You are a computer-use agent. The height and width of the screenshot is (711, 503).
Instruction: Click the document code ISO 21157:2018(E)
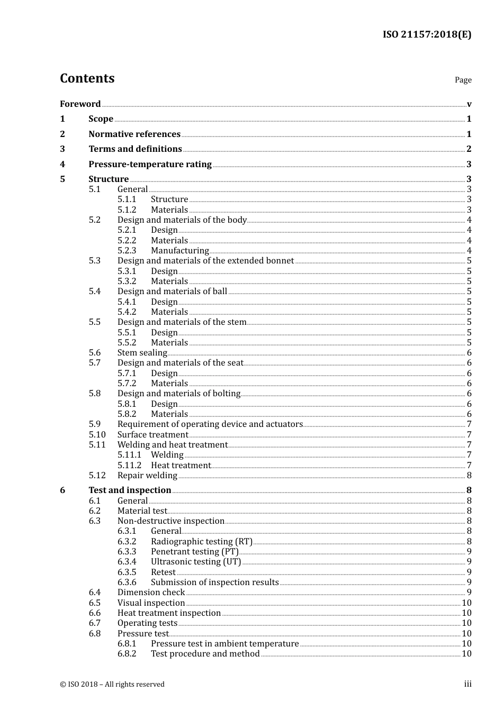click(x=427, y=34)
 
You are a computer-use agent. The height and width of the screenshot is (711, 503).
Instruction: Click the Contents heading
click(x=87, y=78)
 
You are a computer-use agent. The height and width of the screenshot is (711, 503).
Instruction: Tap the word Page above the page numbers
click(x=463, y=80)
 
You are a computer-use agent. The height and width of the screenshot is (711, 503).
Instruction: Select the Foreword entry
click(x=80, y=104)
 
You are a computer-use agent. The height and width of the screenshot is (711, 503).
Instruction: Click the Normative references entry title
click(x=134, y=134)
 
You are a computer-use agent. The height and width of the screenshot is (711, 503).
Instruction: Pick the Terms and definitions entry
click(x=135, y=149)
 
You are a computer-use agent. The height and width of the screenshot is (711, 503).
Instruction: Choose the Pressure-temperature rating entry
click(x=150, y=164)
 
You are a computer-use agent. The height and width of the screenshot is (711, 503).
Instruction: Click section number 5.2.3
click(x=127, y=250)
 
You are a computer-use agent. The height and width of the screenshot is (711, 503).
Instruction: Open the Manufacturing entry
click(x=179, y=250)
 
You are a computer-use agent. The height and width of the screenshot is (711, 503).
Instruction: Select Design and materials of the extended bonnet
click(x=205, y=260)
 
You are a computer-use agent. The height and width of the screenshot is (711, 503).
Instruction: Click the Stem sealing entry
click(x=142, y=352)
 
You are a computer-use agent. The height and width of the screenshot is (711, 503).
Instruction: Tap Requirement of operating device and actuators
click(x=210, y=424)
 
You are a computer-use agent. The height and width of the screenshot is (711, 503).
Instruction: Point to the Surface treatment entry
click(x=152, y=434)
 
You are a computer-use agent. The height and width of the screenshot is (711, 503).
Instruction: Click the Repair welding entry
click(x=147, y=475)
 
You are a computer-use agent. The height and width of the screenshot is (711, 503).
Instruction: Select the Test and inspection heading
click(x=130, y=490)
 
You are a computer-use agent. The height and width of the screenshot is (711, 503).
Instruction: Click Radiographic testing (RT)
click(x=201, y=541)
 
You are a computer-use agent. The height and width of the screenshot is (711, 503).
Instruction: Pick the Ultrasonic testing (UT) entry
click(x=196, y=561)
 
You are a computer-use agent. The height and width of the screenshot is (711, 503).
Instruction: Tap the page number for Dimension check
click(x=469, y=592)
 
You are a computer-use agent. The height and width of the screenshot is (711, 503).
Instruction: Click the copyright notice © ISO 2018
click(x=112, y=684)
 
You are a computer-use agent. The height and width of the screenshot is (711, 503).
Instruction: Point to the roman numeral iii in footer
click(x=468, y=684)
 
